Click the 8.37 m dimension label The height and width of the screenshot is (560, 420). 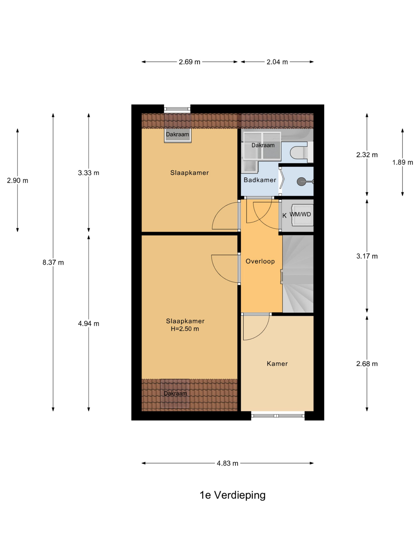click(53, 262)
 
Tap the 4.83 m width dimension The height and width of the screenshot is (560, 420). click(227, 463)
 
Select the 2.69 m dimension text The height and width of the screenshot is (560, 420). click(189, 62)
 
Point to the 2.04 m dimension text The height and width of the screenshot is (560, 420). click(277, 62)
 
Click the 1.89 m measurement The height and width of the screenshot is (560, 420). click(402, 162)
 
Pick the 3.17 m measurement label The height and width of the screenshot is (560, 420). click(367, 256)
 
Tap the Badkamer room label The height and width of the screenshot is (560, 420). click(260, 180)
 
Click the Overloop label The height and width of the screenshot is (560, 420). click(260, 261)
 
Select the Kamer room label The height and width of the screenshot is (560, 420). click(277, 364)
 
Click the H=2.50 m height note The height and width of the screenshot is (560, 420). click(185, 329)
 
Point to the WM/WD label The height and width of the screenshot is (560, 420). click(300, 214)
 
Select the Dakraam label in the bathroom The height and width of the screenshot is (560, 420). click(263, 145)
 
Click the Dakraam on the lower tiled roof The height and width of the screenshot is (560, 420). click(175, 393)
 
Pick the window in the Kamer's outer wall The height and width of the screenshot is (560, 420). click(278, 415)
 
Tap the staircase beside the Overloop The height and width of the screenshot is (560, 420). click(298, 274)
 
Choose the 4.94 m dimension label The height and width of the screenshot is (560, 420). click(88, 324)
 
